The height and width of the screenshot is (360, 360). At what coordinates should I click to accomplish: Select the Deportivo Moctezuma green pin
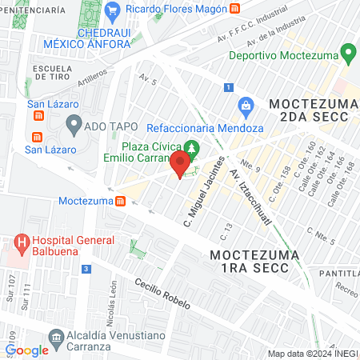(347, 55)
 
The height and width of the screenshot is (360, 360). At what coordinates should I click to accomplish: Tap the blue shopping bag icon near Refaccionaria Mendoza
(246, 105)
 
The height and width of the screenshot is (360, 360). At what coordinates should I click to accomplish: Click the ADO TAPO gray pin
(74, 124)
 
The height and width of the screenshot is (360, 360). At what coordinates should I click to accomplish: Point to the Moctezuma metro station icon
(120, 200)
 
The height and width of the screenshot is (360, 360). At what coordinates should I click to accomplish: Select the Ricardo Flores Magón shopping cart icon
(113, 9)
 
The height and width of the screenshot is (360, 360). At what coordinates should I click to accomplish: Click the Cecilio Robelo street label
(162, 297)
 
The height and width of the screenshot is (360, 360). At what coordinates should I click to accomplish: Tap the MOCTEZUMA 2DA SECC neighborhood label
(309, 110)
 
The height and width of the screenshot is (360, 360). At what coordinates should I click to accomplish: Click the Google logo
(26, 350)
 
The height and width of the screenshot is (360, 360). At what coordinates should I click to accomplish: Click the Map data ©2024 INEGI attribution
(312, 354)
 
